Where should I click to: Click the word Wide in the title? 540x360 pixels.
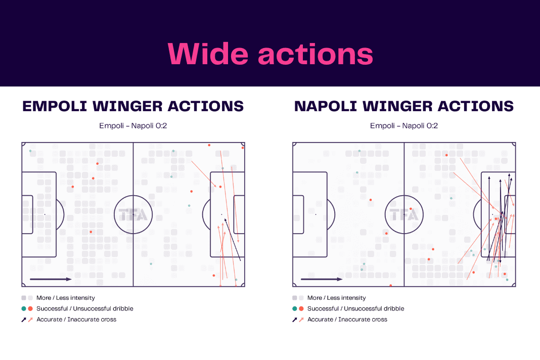coord(208,54)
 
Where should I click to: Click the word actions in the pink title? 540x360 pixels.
coord(316,54)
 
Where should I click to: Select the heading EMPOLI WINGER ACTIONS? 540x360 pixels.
coord(133,106)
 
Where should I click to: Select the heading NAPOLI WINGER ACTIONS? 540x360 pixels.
coord(403,106)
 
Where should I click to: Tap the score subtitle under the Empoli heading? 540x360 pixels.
coord(133,126)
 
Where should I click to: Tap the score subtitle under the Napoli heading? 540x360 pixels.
coord(403,126)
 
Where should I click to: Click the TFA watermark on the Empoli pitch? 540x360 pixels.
coord(133,214)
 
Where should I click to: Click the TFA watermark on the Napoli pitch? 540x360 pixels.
coord(404,214)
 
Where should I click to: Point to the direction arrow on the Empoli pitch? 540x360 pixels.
coord(51,279)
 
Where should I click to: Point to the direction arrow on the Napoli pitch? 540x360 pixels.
coord(322,279)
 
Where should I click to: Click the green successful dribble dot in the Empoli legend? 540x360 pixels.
coord(24,308)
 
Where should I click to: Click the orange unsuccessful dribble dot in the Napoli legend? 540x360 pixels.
coord(301,308)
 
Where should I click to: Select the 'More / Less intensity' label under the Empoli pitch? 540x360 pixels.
coord(65,298)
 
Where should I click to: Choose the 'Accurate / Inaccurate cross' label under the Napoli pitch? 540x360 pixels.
coord(347,320)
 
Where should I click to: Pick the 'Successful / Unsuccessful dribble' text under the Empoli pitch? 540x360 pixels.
coord(85,308)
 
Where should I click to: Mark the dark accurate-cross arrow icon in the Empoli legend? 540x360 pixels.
coord(24,320)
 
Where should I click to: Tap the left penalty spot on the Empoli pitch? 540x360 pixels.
coord(45,214)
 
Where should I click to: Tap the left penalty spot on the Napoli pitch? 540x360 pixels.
coord(316,214)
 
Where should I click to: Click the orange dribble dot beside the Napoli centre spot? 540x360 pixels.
coord(411,209)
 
